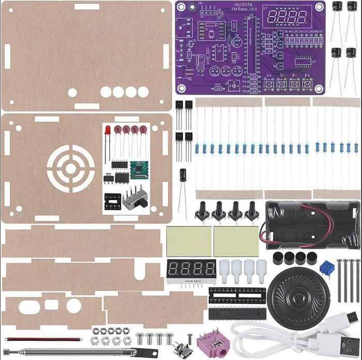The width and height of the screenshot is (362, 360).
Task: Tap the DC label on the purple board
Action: (190, 79)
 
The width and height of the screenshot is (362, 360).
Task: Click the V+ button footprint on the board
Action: (269, 83)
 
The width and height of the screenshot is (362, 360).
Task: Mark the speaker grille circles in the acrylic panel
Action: (70, 168)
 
